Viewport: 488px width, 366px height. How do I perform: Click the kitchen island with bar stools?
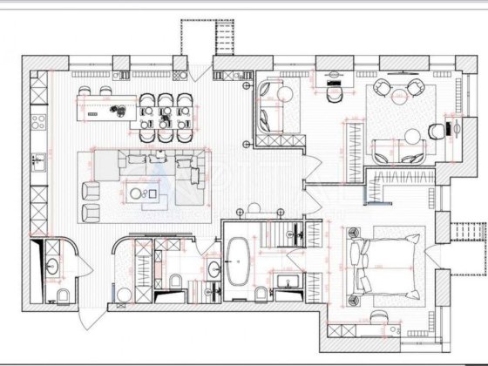(x=105, y=110)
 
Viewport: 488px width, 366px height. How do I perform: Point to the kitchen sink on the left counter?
(x=37, y=162)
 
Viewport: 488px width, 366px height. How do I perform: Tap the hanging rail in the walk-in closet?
(x=352, y=148)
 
